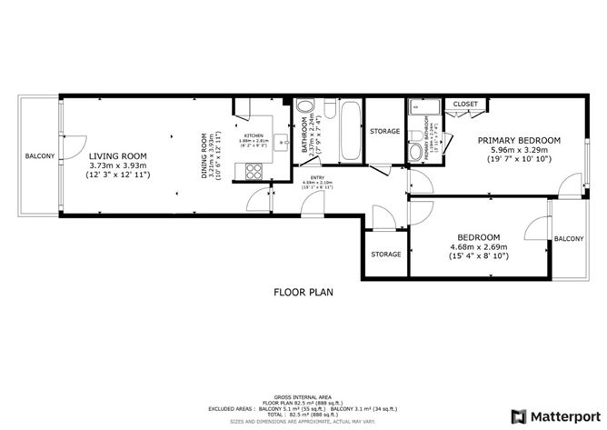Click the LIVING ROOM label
pyautogui.click(x=119, y=155)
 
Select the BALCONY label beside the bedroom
pyautogui.click(x=569, y=238)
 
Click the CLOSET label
pyautogui.click(x=465, y=105)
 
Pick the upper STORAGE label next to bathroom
pyautogui.click(x=384, y=132)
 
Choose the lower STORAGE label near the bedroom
pyautogui.click(x=384, y=255)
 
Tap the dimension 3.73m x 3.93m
pyautogui.click(x=119, y=165)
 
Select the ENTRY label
pyautogui.click(x=316, y=178)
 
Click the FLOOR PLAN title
pyautogui.click(x=304, y=293)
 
